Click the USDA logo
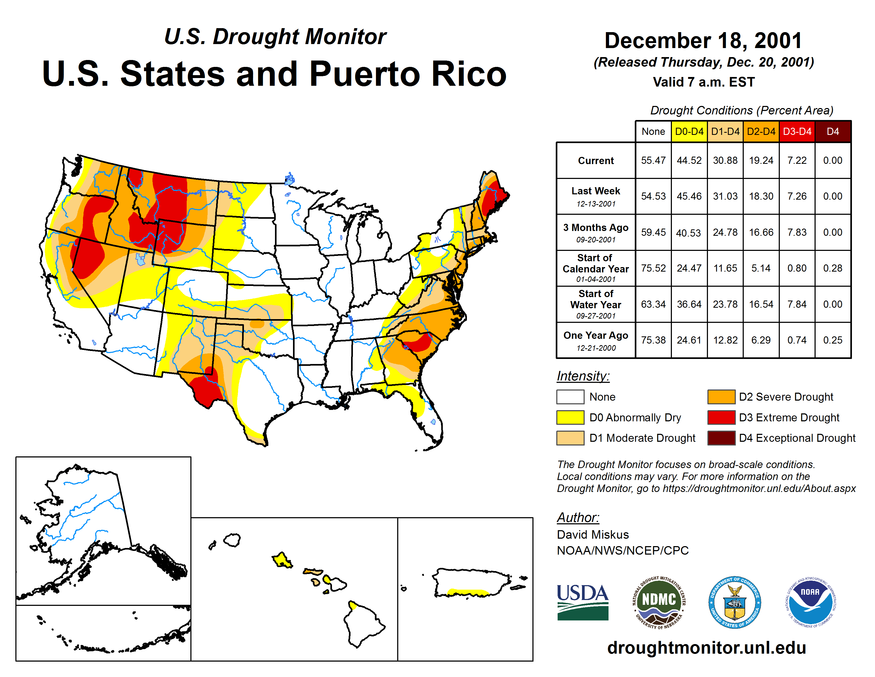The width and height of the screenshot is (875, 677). tap(583, 602)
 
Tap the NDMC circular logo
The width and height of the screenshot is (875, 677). tap(659, 602)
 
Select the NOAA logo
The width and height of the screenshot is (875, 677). tap(810, 602)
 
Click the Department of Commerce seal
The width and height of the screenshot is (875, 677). tap(734, 602)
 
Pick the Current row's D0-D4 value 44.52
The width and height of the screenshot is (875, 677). tap(689, 160)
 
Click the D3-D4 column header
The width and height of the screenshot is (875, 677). tap(797, 131)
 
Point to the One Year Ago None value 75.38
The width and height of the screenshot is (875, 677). tap(653, 340)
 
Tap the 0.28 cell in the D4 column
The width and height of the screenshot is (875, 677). tap(833, 268)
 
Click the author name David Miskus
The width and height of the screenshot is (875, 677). tap(593, 535)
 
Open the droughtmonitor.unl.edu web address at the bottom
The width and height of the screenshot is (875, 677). tap(706, 648)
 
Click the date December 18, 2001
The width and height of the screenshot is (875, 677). tap(703, 41)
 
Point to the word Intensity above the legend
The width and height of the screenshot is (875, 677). tap(583, 376)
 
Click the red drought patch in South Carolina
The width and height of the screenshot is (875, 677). tap(419, 343)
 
